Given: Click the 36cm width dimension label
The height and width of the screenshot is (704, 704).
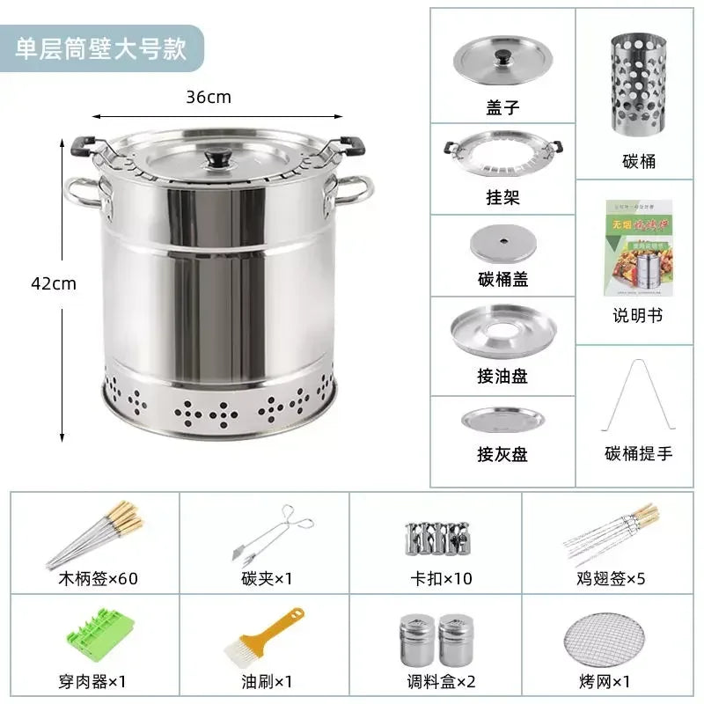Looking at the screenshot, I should point(209,97).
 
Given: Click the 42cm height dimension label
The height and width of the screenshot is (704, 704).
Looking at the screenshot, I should point(54,283).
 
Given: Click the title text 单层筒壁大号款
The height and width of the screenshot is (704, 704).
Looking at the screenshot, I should point(101,48).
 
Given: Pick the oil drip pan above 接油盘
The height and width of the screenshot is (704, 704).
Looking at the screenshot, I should point(502,330).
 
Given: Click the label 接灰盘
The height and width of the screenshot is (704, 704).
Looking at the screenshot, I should point(502,455).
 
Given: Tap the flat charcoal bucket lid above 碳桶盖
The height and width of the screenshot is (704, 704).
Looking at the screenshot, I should point(502,244).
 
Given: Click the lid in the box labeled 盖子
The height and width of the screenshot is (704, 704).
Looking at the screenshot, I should point(502,61).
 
